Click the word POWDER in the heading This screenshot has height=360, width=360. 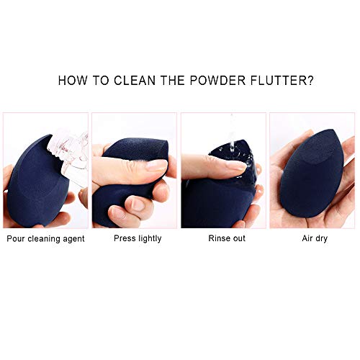[x=217, y=81]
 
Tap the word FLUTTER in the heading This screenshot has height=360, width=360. [x=279, y=81]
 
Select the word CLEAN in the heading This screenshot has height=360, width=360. [x=135, y=81]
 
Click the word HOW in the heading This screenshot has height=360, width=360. [x=73, y=81]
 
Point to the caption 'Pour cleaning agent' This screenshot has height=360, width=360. [x=45, y=239]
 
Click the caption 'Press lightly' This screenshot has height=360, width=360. [x=138, y=238]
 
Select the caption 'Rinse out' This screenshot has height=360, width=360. [x=227, y=238]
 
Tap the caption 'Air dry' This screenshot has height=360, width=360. [x=315, y=238]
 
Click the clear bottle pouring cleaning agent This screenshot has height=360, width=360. [x=70, y=156]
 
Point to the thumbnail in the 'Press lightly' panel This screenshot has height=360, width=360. [x=156, y=165]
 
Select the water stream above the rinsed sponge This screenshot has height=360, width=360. [x=232, y=135]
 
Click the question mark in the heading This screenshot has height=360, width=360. [x=310, y=81]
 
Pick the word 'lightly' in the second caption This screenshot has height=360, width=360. [x=150, y=238]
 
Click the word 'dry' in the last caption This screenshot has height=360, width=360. [x=321, y=239]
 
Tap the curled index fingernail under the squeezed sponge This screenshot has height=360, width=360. [x=138, y=204]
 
